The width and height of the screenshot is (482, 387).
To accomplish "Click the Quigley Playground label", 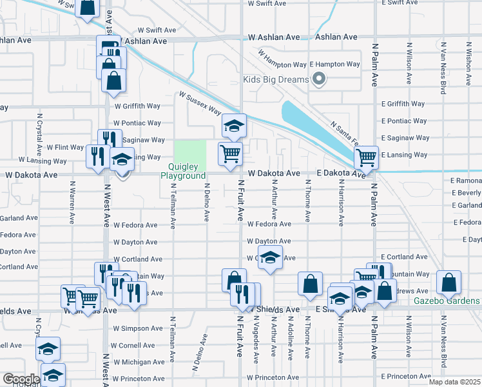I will tap(183, 171).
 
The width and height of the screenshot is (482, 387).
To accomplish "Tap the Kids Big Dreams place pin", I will tap(318, 80).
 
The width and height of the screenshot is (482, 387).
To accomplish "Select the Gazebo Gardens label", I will tap(447, 301).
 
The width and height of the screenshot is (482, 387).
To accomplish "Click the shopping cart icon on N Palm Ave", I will tap(366, 156).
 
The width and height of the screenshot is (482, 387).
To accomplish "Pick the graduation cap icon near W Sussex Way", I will tap(235, 124).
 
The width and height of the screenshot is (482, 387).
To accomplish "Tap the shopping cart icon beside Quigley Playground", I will tap(230, 154).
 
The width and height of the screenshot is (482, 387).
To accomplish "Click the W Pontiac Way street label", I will tap(137, 123).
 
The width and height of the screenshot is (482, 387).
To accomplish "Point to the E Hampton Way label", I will tap(334, 64).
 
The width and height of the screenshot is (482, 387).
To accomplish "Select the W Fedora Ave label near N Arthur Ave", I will tap(269, 224).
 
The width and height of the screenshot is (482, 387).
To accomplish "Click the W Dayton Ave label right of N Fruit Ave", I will tap(269, 241).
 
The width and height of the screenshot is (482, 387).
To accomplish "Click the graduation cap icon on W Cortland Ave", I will tap(271, 257).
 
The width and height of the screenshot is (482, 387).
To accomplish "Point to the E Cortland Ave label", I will tap(403, 257).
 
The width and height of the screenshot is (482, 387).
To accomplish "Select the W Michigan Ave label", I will tap(137, 362).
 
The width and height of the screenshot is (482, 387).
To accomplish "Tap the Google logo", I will tap(21, 379).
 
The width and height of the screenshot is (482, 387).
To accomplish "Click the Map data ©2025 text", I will tap(454, 382).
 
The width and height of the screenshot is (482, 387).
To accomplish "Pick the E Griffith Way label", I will tap(403, 103).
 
